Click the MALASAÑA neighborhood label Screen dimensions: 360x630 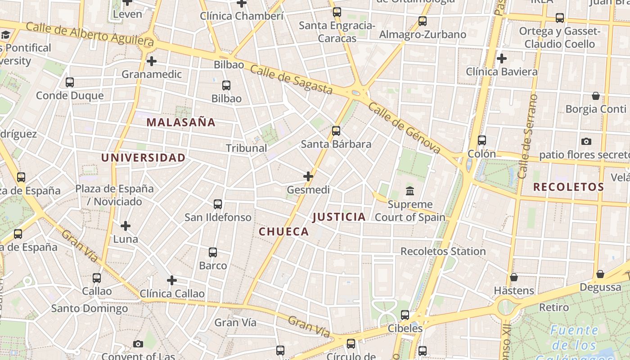[x=181, y=122]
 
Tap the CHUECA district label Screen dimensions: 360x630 [x=284, y=232]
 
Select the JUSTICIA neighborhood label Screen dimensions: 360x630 [x=339, y=217]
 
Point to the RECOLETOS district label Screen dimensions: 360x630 [x=568, y=187]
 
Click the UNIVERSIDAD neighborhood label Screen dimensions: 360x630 [x=143, y=157]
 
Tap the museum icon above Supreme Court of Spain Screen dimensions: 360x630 [x=410, y=191]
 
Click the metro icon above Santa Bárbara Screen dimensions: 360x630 [x=336, y=131]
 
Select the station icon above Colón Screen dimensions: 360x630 [x=482, y=140]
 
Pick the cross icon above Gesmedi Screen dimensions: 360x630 [x=308, y=176]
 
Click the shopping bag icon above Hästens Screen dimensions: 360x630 [x=514, y=277]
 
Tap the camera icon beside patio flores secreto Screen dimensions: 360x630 [x=586, y=142]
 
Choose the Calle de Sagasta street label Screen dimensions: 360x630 [x=291, y=80]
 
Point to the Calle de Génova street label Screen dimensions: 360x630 [x=404, y=128]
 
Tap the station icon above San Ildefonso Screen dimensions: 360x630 [x=218, y=204]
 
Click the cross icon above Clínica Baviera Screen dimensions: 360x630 [x=502, y=58]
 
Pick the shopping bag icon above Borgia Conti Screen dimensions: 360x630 [x=596, y=96]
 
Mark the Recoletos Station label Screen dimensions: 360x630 [x=443, y=251]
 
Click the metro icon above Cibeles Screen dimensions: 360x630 [x=405, y=315]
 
